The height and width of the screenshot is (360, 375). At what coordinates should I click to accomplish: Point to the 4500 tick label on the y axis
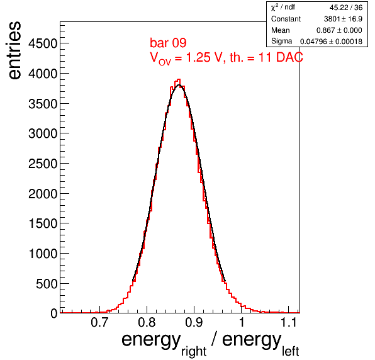click(43, 43)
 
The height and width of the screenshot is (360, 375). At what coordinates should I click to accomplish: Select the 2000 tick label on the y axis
click(43, 193)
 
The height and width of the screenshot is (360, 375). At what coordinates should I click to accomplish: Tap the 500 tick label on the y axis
click(47, 284)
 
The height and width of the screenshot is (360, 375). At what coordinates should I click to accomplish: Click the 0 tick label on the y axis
click(54, 313)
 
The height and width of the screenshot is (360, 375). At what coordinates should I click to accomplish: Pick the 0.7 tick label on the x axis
click(99, 322)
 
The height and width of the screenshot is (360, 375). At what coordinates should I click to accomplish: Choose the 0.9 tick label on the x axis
click(194, 322)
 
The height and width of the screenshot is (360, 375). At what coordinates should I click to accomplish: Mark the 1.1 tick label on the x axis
click(288, 322)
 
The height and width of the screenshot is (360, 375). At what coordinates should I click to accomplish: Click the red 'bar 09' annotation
click(168, 43)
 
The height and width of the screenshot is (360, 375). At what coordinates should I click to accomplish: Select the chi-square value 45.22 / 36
click(346, 8)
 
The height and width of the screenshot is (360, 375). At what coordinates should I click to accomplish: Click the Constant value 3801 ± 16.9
click(343, 19)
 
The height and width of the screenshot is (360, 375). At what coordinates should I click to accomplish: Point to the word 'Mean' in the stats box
click(280, 30)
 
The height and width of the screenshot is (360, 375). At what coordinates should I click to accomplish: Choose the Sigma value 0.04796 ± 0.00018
click(331, 42)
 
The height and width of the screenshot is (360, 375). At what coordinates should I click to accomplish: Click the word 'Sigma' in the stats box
click(281, 41)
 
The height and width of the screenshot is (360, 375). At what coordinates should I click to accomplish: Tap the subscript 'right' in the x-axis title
click(194, 351)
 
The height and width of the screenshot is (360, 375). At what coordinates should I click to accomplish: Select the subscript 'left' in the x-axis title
click(290, 351)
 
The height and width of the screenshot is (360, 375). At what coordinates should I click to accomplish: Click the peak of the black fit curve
click(179, 85)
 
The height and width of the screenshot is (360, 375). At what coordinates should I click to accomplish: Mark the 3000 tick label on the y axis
click(43, 133)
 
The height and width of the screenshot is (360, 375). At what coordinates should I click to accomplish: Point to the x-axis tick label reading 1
click(242, 322)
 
